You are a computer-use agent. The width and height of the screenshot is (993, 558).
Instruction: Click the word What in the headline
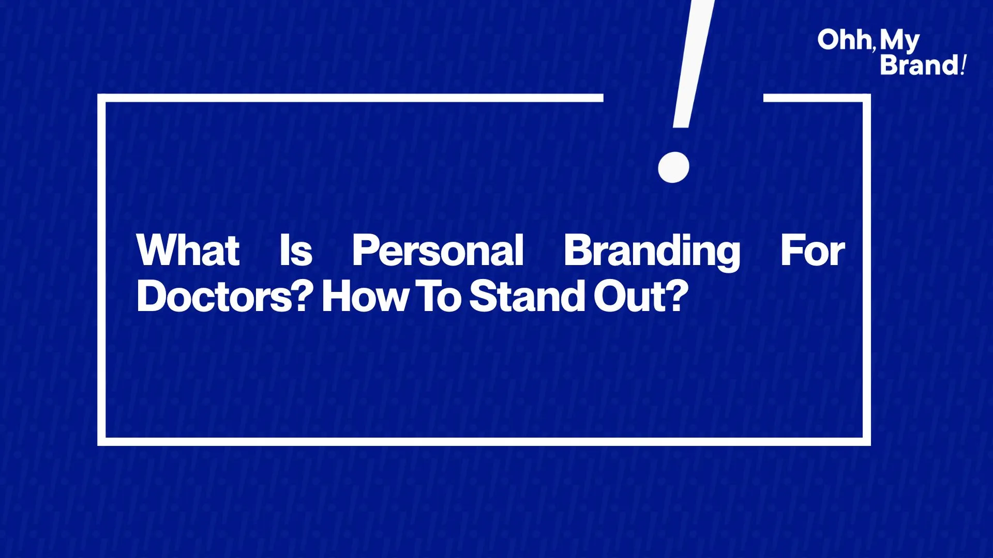point(188,251)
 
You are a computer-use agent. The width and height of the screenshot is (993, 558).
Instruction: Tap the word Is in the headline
point(296,251)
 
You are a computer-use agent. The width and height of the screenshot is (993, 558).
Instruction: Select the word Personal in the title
point(438,251)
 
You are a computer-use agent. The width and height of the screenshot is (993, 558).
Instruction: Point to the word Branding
point(652,252)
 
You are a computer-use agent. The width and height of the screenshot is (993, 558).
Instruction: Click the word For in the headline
point(813,251)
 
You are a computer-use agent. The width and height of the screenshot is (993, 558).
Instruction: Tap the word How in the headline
point(365,297)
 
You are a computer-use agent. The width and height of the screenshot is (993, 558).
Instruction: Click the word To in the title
point(439,297)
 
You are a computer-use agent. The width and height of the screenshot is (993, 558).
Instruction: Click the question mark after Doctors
point(305,296)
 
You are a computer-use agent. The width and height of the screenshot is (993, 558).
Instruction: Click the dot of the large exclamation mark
point(673,167)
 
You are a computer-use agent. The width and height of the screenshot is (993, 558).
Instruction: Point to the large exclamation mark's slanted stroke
point(693,64)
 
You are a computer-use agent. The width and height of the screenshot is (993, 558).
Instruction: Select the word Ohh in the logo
point(844,40)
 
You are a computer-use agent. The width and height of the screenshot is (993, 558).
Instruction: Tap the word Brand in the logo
point(919,65)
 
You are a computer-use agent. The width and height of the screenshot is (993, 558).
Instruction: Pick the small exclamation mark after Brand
point(963,65)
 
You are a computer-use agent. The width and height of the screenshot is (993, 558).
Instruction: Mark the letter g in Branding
point(727,256)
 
